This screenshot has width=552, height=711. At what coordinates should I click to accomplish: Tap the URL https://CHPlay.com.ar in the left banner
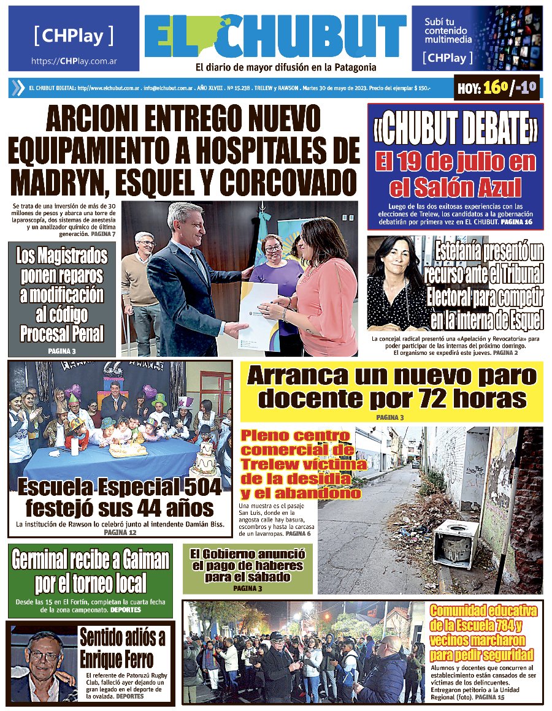click(x=74, y=61)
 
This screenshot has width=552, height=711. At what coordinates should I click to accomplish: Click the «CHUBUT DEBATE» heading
click(x=455, y=127)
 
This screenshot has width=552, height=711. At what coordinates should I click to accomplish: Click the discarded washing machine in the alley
click(x=457, y=542)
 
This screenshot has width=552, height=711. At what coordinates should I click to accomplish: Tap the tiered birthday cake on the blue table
click(x=205, y=460)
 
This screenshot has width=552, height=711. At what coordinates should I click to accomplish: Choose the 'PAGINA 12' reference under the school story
click(x=120, y=533)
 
